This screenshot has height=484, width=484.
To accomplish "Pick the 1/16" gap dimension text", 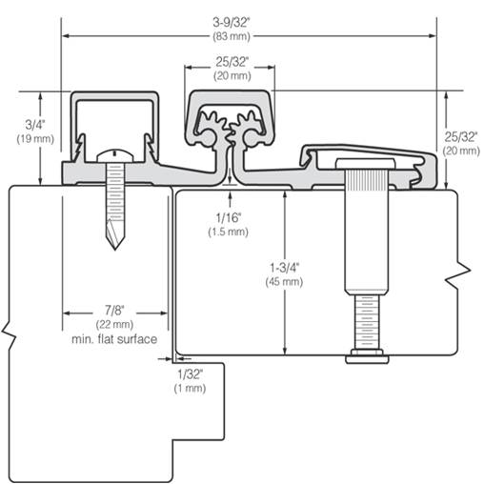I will coord(229,217).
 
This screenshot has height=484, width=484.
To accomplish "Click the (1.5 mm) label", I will coord(229,232).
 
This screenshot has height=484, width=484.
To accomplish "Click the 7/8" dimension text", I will coord(114,311).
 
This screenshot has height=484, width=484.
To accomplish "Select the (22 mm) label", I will coord(114,325).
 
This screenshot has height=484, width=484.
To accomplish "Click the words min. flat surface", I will coord(114,339).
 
